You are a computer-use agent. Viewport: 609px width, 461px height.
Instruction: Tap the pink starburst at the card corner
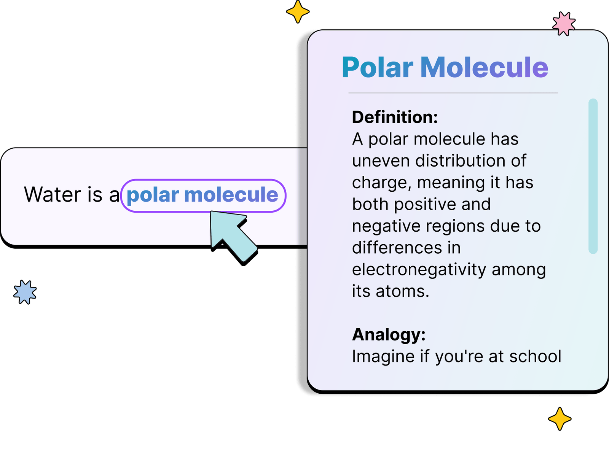point(563,24)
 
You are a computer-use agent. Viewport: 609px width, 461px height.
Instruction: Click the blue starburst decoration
point(25,292)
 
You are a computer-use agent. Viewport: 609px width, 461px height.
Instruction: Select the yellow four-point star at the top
point(298,12)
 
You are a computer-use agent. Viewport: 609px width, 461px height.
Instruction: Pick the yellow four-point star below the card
point(560,418)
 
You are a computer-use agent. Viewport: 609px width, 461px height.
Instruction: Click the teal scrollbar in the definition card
point(593,176)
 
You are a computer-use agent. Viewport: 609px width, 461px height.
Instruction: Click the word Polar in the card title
point(377,67)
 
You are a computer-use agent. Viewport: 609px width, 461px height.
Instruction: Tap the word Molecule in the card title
point(484,67)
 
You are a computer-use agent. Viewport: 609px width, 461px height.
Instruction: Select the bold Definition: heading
point(395,117)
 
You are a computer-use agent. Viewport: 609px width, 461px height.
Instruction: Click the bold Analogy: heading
point(389,335)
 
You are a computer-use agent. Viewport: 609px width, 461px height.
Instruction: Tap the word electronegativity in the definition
point(419,270)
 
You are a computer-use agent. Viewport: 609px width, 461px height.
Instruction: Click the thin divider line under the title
point(453,93)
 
